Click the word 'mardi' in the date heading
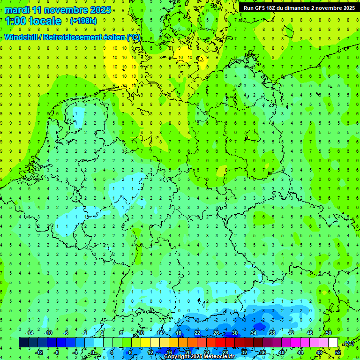click(x=15, y=10)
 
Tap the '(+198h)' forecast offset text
click(x=83, y=21)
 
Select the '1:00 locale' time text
click(x=33, y=21)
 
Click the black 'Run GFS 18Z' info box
click(x=299, y=7)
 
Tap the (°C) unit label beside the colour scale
click(x=348, y=343)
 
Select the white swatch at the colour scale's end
click(x=333, y=343)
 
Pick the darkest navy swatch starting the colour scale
click(x=23, y=343)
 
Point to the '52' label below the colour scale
click(x=338, y=352)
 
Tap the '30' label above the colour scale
click(x=234, y=333)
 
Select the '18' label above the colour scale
click(x=178, y=333)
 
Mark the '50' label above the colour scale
click(x=328, y=333)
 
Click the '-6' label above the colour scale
click(x=66, y=333)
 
